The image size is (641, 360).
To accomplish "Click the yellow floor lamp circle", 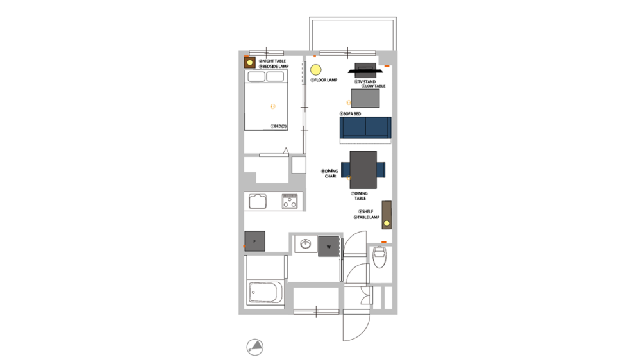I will [315, 70].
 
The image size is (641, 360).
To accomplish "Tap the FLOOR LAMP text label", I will [324, 81].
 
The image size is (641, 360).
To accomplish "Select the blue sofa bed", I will [365, 127].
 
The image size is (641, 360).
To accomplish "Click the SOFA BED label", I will [351, 113].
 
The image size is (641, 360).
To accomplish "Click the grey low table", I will [365, 98].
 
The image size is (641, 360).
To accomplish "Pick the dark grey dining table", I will [363, 169].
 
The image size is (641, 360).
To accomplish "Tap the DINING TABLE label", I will [360, 196].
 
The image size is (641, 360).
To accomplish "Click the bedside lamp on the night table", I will [249, 63].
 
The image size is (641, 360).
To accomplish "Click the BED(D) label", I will [279, 126].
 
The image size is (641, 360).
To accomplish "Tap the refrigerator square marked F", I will [255, 241].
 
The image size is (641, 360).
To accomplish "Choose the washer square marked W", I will [328, 246].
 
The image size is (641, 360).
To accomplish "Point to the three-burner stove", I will [290, 201].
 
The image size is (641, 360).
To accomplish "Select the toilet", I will [379, 258].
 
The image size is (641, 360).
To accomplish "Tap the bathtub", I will [265, 294].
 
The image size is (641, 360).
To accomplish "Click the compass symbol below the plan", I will [255, 347].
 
